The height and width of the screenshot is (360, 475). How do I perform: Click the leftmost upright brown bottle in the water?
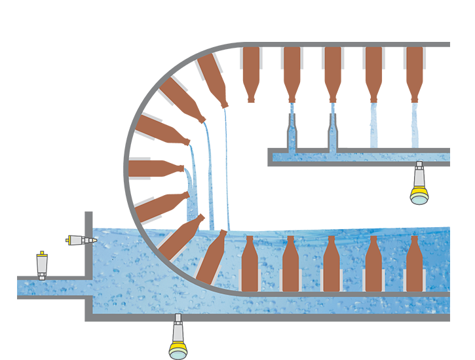249,265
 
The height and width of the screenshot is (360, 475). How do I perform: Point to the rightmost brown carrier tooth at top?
415,62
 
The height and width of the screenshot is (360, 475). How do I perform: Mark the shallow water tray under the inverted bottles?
360,157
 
